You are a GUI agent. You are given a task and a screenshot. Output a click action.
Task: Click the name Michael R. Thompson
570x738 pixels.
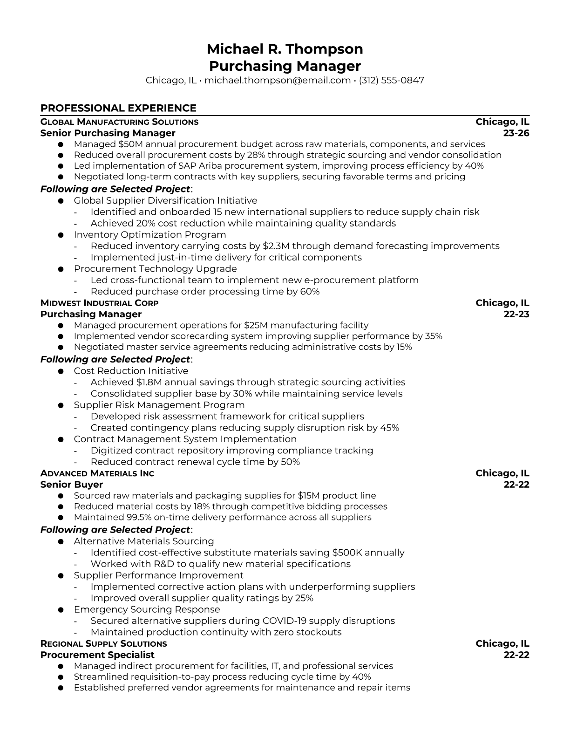pos(285,49)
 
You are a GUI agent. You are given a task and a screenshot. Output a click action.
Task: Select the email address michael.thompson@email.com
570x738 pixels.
pos(278,80)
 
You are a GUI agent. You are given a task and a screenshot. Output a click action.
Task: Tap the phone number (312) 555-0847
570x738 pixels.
pos(391,80)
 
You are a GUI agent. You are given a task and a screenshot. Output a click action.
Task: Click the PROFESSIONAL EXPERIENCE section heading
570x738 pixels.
pos(118,108)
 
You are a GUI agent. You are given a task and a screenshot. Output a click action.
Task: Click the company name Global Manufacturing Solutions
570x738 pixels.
pos(119,122)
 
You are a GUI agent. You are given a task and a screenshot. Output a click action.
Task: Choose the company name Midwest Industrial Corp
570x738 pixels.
pos(99,303)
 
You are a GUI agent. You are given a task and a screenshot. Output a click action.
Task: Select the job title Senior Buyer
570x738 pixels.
pos(72,485)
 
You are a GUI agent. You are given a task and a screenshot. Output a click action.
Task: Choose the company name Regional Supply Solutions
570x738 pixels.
pos(103,644)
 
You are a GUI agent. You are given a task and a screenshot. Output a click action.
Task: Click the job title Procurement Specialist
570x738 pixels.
pos(97,655)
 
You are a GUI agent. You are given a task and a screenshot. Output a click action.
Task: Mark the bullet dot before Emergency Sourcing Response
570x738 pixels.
pos(61,610)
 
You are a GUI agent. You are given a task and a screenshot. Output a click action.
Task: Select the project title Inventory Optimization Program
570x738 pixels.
pos(150,235)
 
